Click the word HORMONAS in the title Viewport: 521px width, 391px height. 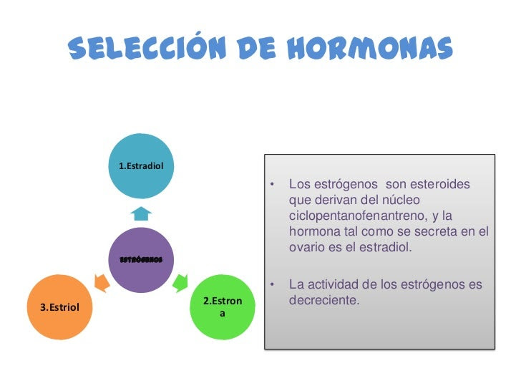[x=370, y=48]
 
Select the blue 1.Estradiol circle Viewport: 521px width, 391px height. [x=141, y=166]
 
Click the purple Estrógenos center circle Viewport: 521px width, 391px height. [x=141, y=260]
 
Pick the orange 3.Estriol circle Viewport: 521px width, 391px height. [x=60, y=307]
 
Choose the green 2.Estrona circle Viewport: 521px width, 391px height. [x=223, y=307]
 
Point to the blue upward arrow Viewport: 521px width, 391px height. [x=141, y=213]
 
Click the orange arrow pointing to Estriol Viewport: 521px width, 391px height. [x=102, y=283]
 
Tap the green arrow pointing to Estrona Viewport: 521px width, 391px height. [x=180, y=283]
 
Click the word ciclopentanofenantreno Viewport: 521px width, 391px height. [x=358, y=216]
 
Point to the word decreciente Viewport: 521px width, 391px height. [x=324, y=300]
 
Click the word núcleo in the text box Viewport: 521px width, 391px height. [x=401, y=200]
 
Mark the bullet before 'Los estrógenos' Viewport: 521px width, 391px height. [x=272, y=184]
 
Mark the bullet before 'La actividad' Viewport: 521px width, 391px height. [x=272, y=284]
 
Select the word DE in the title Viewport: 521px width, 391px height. [x=256, y=48]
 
